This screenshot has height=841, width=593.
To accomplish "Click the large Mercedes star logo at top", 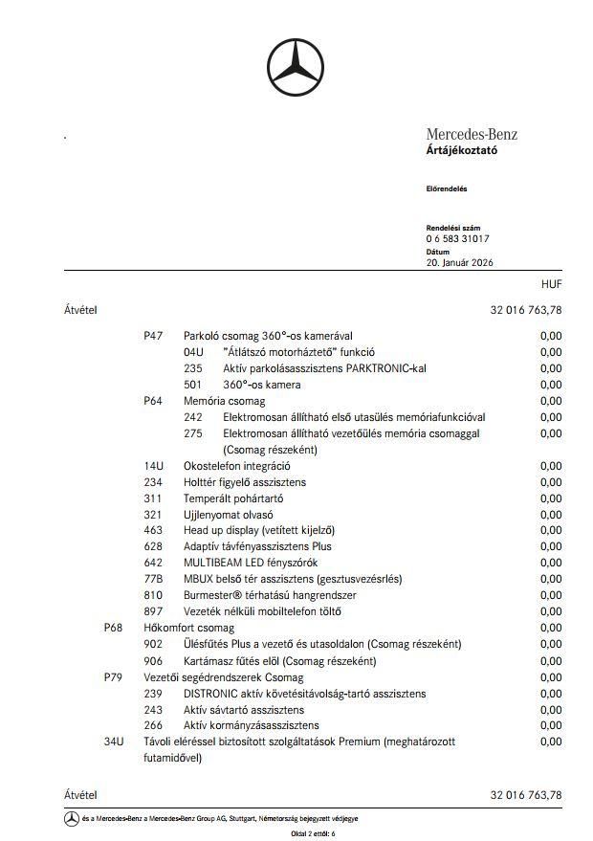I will [296, 68].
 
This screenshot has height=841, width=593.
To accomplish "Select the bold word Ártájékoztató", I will [461, 150].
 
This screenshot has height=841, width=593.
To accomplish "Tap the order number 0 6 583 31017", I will [457, 238].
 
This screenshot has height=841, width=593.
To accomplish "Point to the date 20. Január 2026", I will [460, 262].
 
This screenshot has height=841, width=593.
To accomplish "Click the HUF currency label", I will [551, 284].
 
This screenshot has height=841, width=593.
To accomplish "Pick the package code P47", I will [153, 336].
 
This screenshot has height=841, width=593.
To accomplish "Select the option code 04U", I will [193, 352].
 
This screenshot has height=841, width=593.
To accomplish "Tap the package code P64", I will [153, 401].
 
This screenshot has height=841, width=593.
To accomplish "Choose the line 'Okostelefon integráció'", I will [236, 466].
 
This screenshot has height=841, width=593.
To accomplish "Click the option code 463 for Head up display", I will [153, 530].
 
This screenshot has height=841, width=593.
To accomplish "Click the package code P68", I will [113, 628].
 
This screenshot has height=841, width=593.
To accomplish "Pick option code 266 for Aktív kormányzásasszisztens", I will [153, 725].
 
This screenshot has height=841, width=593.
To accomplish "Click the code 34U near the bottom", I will [113, 741].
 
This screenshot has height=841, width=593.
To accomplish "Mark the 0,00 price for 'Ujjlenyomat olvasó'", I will [551, 514].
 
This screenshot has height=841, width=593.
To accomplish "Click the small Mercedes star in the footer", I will [71, 819].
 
